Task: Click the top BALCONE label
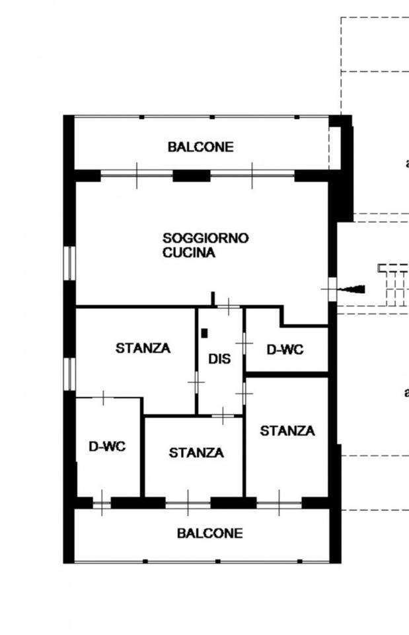(201, 147)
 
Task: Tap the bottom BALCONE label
(210, 533)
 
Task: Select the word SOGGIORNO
(205, 237)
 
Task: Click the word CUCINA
(189, 252)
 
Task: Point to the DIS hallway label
(219, 359)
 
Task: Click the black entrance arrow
(351, 289)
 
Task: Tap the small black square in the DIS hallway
(205, 333)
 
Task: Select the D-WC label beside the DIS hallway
(285, 349)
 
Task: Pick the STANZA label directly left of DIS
(143, 348)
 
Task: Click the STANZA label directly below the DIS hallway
(196, 452)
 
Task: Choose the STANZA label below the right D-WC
(287, 431)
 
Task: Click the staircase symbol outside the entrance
(393, 284)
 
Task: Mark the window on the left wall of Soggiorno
(69, 263)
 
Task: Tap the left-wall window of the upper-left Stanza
(69, 374)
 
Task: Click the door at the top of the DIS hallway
(228, 306)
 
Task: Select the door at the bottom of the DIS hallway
(223, 415)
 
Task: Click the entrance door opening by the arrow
(332, 289)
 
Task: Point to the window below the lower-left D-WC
(102, 503)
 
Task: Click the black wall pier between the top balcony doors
(192, 176)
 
